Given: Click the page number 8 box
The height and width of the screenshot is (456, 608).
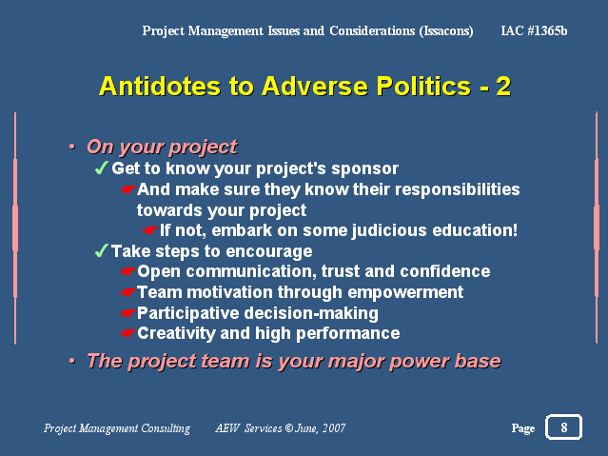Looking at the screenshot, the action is [563, 426].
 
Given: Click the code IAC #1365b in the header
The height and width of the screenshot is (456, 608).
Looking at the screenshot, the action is [534, 30].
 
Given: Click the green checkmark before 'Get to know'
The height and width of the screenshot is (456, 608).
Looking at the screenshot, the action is [101, 168].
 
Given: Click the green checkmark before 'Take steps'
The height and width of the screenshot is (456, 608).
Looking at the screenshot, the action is [101, 250].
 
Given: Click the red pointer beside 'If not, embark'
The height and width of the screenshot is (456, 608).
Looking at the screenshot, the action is [149, 230].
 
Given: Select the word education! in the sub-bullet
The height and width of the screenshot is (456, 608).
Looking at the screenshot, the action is [475, 230].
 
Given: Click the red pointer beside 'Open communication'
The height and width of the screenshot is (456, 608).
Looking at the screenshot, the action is [127, 271].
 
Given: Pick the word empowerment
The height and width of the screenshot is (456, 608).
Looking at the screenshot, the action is [405, 293].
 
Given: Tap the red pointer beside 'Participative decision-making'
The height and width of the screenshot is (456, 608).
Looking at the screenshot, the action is [127, 313].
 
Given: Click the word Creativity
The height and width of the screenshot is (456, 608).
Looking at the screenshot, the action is [176, 334].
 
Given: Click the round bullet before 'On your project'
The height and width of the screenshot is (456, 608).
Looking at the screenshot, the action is [72, 147].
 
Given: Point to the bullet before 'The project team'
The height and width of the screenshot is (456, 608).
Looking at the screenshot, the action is [72, 361].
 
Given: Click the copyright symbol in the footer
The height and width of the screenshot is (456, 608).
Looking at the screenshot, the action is [289, 428].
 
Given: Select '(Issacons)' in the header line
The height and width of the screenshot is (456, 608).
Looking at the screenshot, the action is [446, 31].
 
